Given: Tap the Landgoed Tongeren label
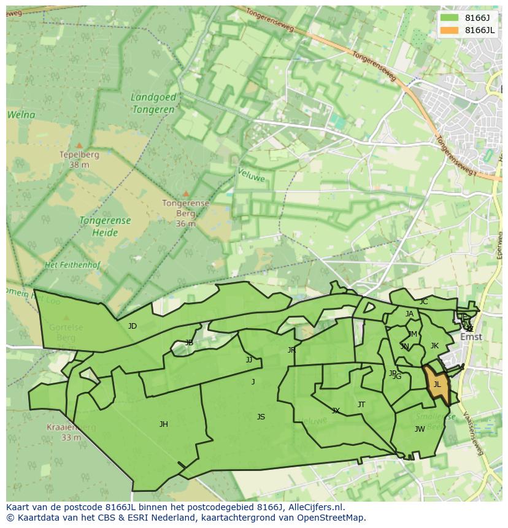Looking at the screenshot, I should click(153, 103).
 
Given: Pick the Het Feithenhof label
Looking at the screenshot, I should click(72, 265).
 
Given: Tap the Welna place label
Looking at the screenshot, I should click(21, 115).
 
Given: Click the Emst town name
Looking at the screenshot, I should click(471, 337).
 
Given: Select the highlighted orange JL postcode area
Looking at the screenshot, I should click(437, 385).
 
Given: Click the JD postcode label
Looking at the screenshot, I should click(133, 326).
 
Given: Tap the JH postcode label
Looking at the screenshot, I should click(164, 424).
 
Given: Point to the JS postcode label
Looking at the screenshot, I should click(261, 417).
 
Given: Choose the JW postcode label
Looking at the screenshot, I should click(420, 429).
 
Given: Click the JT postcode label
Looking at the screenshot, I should click(361, 405).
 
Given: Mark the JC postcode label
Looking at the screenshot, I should click(423, 302).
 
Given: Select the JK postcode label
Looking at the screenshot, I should click(434, 346).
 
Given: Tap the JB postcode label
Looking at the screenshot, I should click(189, 343).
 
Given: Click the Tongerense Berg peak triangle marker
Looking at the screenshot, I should click(186, 194).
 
